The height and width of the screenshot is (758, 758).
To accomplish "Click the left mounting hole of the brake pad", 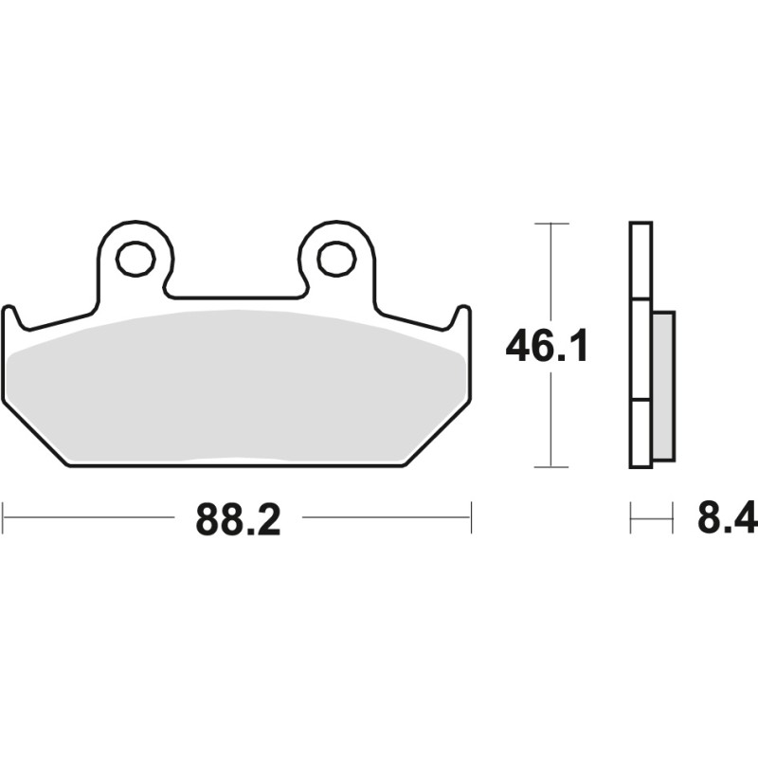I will pos(136,257).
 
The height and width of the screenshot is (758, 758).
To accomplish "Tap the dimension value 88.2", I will pos(238,519).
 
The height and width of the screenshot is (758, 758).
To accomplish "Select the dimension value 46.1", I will pos(547,347).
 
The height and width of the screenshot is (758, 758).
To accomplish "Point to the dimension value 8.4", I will pos(726,519).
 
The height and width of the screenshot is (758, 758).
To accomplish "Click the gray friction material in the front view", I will pos(237,388).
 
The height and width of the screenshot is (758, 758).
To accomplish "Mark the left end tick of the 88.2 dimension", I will pos(4,517).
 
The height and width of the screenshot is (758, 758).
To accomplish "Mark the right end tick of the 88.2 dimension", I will pos(471,517).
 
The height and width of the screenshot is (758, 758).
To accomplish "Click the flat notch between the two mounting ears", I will pos(235,296).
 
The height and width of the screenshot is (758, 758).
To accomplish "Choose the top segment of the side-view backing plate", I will pos(641,262).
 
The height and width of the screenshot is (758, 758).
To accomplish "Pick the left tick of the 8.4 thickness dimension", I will pos(631,518).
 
